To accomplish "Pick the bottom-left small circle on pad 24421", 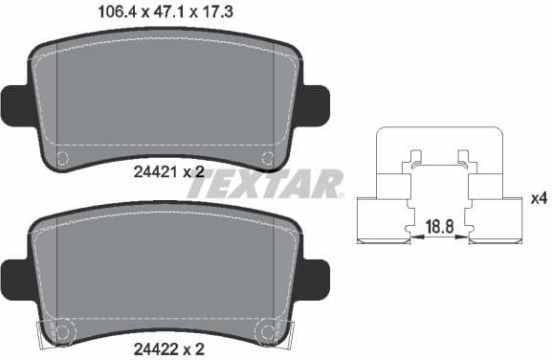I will tap(63, 158).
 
